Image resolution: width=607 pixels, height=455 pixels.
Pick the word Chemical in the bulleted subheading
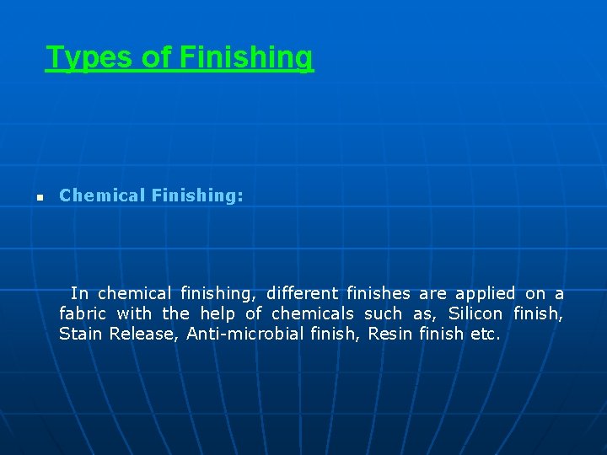click(102, 195)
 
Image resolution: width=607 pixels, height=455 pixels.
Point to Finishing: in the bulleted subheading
click(198, 195)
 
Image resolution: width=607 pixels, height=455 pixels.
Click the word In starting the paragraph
click(79, 293)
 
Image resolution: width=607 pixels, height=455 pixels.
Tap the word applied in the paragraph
click(485, 293)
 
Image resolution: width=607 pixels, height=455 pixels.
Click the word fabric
click(84, 313)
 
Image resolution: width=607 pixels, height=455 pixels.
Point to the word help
click(217, 313)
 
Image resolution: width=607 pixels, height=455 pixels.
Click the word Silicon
click(475, 313)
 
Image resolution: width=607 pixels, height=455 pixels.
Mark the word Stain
click(81, 334)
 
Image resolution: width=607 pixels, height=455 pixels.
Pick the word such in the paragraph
click(383, 313)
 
